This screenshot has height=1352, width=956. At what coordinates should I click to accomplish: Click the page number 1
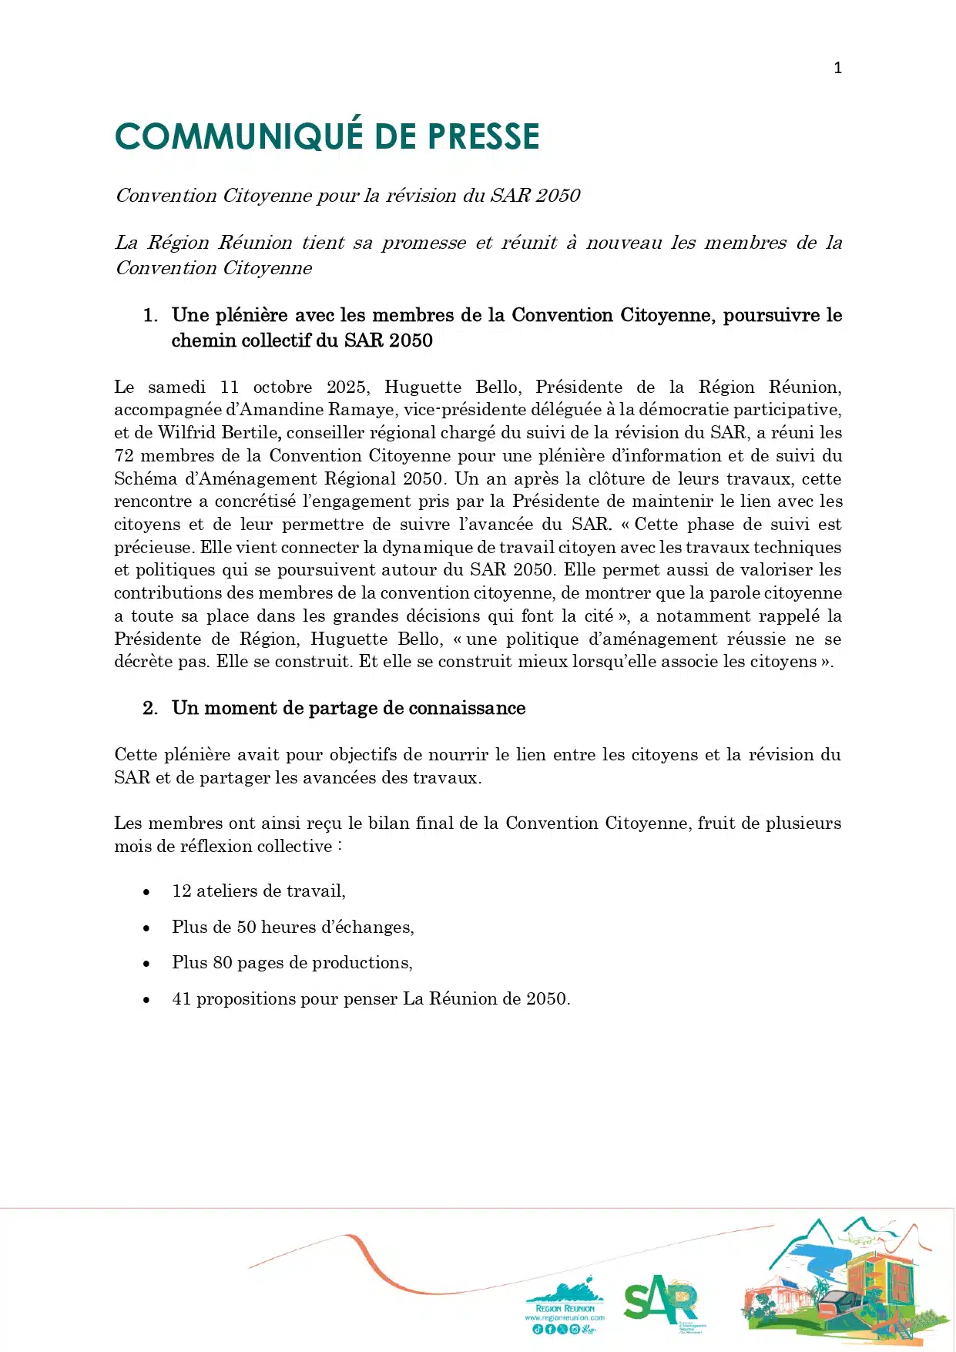[837, 68]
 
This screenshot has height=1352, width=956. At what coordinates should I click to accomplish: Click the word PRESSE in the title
[483, 137]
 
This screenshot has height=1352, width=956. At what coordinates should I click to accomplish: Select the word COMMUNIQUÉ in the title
[239, 137]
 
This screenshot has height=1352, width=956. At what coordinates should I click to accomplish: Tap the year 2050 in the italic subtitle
[558, 196]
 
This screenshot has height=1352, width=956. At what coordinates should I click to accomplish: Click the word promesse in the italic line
[424, 243]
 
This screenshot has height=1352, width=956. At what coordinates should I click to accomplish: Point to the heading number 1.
[149, 315]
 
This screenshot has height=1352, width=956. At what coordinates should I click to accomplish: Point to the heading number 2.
[149, 708]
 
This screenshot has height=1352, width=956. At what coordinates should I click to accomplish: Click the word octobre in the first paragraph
[283, 387]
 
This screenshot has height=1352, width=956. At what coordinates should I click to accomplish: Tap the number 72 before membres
[124, 456]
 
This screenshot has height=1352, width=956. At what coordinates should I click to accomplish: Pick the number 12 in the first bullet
[182, 891]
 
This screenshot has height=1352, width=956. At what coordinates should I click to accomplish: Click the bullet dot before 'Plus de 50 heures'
[146, 928]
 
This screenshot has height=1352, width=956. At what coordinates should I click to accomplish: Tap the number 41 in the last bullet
[182, 999]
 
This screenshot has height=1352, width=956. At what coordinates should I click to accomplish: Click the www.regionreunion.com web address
[565, 1318]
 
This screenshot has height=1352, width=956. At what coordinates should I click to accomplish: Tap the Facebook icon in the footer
[550, 1330]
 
